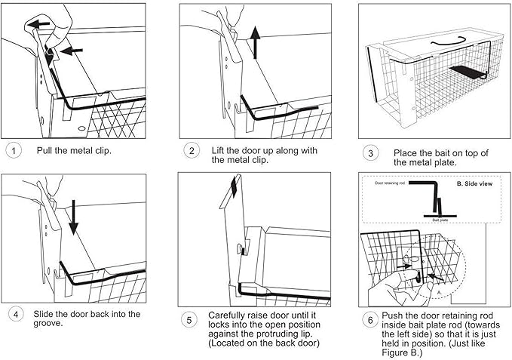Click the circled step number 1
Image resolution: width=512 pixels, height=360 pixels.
[14, 149]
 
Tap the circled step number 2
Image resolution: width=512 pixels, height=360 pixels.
[192, 150]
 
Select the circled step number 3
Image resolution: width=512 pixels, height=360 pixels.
[369, 153]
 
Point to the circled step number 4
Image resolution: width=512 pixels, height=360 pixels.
[14, 313]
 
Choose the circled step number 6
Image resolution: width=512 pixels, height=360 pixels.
[369, 320]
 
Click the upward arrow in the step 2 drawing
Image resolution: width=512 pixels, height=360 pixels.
[256, 42]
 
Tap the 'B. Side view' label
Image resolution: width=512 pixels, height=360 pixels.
[477, 183]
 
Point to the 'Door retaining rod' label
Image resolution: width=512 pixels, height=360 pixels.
[391, 183]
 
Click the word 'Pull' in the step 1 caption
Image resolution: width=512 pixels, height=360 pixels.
[45, 149]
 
